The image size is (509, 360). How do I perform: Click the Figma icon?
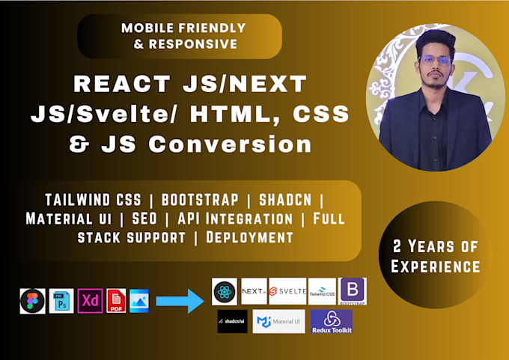click(32, 301)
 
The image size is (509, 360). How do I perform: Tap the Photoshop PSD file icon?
click(61, 301)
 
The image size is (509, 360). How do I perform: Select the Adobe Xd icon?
click(91, 301)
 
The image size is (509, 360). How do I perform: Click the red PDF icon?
click(116, 301)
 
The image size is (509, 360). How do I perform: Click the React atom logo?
click(225, 292)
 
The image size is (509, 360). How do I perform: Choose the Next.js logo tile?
click(254, 292)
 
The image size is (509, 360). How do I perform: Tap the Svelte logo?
click(287, 292)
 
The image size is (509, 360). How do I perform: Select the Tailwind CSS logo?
click(323, 292)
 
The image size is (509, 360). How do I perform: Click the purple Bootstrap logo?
click(353, 291)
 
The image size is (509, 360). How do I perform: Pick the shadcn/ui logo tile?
click(233, 322)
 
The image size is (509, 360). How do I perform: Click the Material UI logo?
click(278, 322)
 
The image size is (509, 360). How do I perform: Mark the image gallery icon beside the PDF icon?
click(139, 301)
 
